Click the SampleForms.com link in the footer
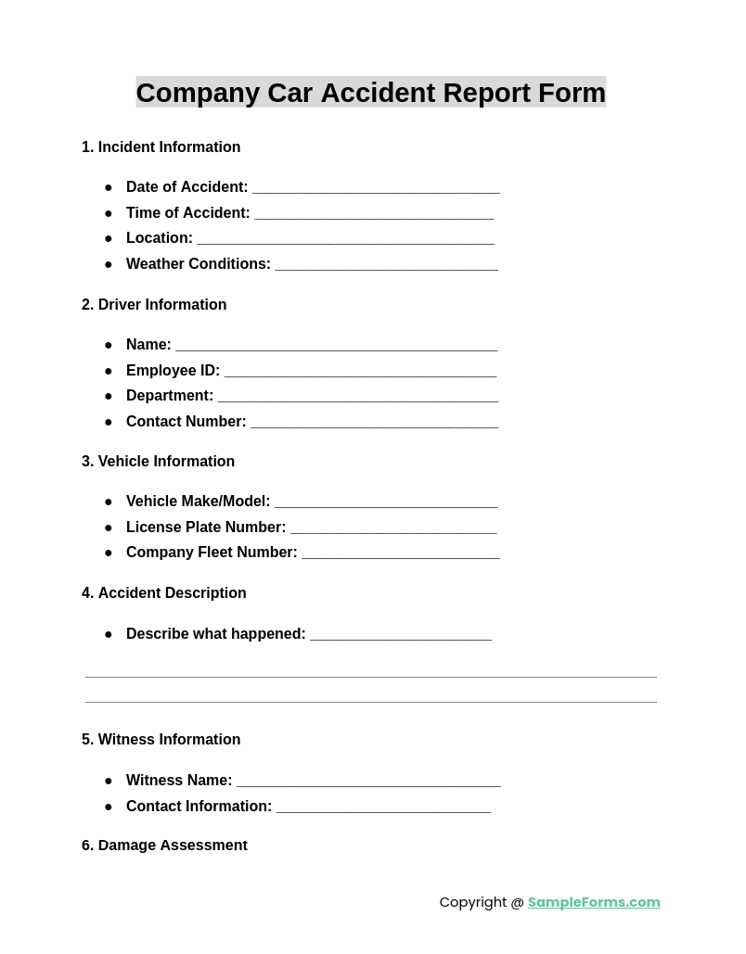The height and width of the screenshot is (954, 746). click(x=594, y=902)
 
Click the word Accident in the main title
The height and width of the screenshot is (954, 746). click(x=378, y=93)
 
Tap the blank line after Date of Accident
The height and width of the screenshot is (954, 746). click(x=376, y=188)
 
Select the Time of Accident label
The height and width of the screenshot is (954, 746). click(x=188, y=213)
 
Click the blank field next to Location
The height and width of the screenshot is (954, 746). click(x=345, y=239)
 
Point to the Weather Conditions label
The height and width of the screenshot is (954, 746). click(x=199, y=264)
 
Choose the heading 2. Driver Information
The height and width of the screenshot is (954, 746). click(x=154, y=305)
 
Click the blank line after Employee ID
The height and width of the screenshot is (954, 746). click(x=360, y=372)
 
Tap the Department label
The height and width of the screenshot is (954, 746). click(x=170, y=396)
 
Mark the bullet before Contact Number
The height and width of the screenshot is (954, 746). click(x=109, y=422)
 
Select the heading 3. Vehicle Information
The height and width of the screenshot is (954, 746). click(x=158, y=462)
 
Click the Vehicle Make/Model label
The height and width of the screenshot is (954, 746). click(x=199, y=502)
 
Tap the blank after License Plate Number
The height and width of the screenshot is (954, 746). click(x=393, y=528)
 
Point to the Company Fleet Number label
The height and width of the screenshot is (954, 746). click(x=212, y=553)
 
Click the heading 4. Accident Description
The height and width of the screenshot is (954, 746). click(x=164, y=593)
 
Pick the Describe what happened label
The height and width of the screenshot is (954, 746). click(x=216, y=634)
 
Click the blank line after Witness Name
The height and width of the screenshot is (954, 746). click(x=368, y=782)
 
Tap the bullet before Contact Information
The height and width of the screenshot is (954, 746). click(x=109, y=807)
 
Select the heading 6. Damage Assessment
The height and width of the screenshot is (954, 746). click(x=164, y=846)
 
